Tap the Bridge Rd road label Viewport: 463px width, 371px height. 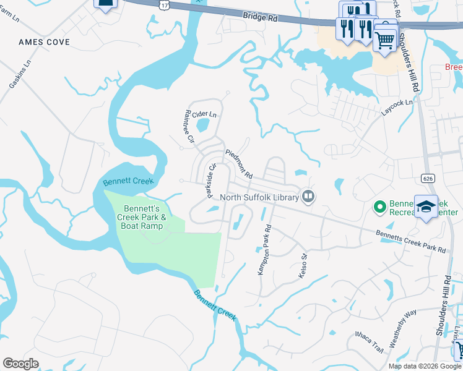261,19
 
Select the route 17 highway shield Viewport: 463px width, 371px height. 163,4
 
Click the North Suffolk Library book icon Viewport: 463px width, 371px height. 308,197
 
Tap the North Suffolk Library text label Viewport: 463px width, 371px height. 261,197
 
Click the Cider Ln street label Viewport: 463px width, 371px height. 204,114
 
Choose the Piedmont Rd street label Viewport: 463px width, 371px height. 239,164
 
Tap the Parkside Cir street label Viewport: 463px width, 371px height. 209,180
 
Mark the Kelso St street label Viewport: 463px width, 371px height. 303,265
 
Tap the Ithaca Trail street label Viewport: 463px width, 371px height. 370,342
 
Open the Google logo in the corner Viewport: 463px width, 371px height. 21,364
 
